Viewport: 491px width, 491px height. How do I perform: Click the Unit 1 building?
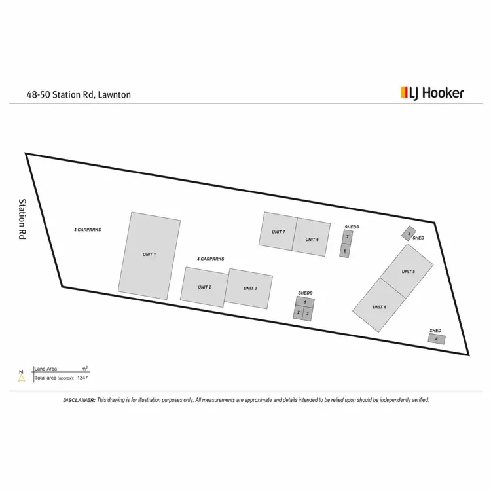click(x=149, y=255)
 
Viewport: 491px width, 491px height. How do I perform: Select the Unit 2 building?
click(x=204, y=287)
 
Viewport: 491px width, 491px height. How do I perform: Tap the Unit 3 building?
click(x=249, y=288)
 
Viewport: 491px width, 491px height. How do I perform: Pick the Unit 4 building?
click(x=378, y=306)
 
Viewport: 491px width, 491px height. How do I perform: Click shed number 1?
click(x=304, y=302)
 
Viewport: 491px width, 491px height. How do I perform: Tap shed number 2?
click(x=298, y=312)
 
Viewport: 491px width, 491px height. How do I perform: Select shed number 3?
click(x=308, y=314)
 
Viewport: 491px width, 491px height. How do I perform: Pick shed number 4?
click(x=437, y=339)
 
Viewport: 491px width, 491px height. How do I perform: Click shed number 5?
click(x=409, y=234)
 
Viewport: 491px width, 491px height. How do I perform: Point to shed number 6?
click(x=345, y=251)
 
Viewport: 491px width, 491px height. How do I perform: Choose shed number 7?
click(x=347, y=237)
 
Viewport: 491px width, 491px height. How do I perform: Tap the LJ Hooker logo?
click(x=431, y=93)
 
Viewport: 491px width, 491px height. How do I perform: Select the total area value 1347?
click(x=82, y=378)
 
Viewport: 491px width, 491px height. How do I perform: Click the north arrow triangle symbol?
click(x=22, y=378)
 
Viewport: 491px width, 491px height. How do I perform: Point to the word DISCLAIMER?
click(x=79, y=400)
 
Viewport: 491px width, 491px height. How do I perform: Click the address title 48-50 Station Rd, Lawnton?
click(x=79, y=94)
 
